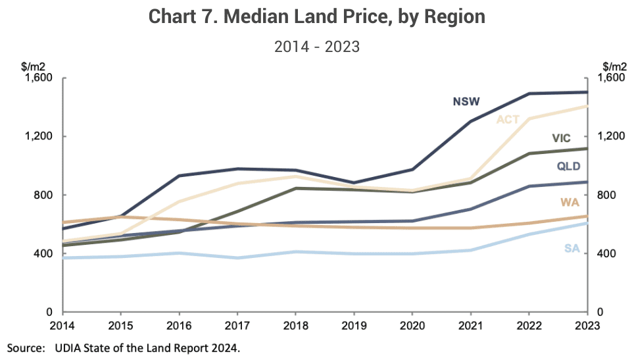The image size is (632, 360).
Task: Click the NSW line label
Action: coord(466,101)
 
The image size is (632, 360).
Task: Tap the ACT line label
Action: coord(508,120)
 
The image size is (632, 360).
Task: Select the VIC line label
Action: coord(561,138)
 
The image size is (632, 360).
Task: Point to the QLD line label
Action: coord(568,166)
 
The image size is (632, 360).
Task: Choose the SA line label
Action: coord(571,248)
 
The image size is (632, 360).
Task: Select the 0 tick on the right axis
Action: coord(599,312)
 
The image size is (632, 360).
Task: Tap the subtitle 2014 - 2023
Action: coord(316,47)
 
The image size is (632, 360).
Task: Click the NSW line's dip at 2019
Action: coord(354,183)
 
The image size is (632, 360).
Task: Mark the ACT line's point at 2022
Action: coord(529,119)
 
